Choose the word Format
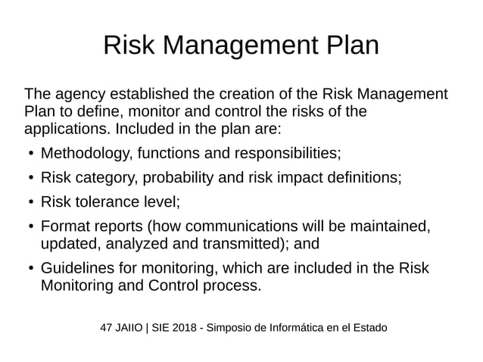pos(65,226)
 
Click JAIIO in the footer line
pos(131,328)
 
